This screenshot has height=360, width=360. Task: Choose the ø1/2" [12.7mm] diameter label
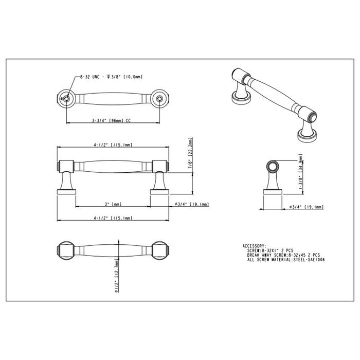118,276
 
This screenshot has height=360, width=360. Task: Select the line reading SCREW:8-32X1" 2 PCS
273,250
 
